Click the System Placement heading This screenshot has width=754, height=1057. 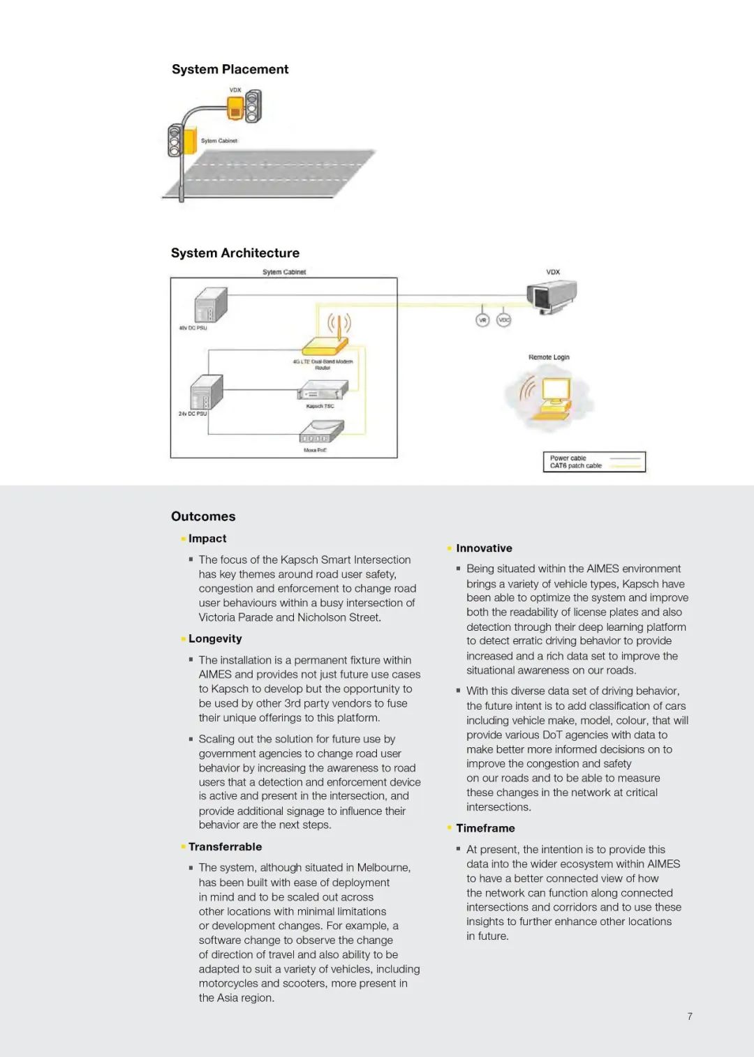point(230,69)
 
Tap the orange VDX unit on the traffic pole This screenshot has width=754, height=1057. point(236,107)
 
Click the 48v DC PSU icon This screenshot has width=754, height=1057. point(211,305)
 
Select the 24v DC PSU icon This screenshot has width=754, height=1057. point(207,393)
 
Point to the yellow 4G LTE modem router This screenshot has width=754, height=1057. point(325,346)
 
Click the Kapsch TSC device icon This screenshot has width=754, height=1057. point(323,391)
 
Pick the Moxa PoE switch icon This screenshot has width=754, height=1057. point(321,433)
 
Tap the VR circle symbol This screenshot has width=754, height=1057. point(482,320)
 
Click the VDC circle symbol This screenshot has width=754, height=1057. point(503,320)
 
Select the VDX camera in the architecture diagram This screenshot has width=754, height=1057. point(552,296)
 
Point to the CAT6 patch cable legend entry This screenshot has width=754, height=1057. point(575,466)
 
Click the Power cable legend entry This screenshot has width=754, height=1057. point(568,458)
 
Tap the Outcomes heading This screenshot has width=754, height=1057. point(203,516)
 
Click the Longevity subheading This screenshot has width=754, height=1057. point(215,638)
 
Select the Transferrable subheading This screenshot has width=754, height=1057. point(225,846)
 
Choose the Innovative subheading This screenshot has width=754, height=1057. point(484,548)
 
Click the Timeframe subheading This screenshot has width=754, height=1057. point(485,828)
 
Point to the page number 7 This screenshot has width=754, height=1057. point(690,1017)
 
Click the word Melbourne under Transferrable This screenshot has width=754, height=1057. point(383,867)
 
